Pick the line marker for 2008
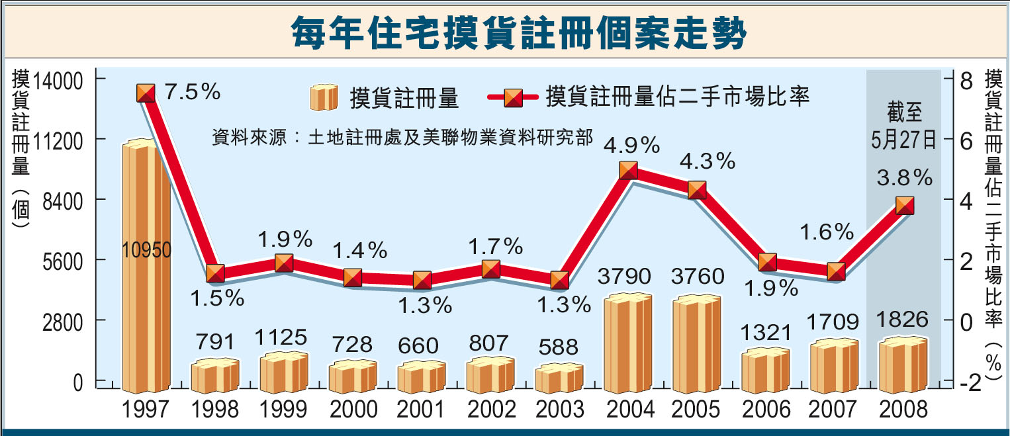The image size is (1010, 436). (x=905, y=206)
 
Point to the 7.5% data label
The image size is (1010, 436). (x=193, y=92)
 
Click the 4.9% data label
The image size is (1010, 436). (x=631, y=143)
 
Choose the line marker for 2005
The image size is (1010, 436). (x=697, y=191)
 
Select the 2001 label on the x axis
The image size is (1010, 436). (x=421, y=410)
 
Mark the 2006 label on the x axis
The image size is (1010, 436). (x=766, y=410)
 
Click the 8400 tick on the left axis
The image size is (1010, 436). (x=64, y=200)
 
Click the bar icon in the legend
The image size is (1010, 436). (x=323, y=98)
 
